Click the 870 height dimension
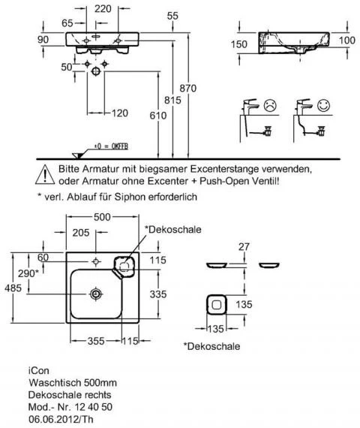[188, 88]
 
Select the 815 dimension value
[172, 100]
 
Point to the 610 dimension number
[158, 116]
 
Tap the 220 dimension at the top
[103, 9]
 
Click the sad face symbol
[270, 105]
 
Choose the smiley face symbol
[324, 105]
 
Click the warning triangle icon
[45, 174]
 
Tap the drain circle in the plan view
[96, 294]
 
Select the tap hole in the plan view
[96, 261]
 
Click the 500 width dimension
[102, 217]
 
